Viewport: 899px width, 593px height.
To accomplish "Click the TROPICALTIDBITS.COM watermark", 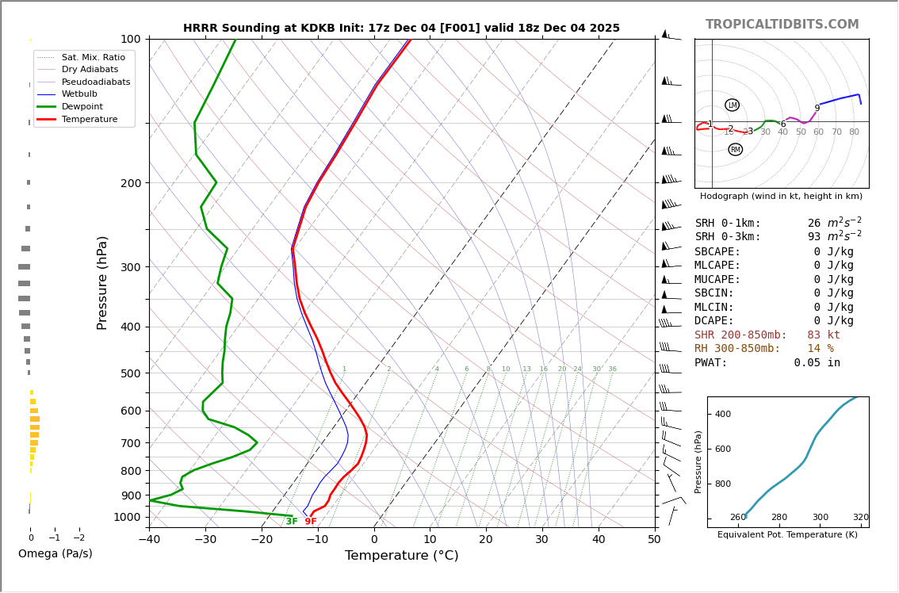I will tap(782, 25).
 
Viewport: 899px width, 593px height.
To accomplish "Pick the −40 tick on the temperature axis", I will tap(149, 540).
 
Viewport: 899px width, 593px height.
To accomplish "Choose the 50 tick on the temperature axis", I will tap(654, 540).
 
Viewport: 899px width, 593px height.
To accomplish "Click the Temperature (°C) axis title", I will tap(401, 556).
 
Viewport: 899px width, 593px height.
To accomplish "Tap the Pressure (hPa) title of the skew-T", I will tap(102, 282).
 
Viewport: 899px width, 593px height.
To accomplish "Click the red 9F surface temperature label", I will tap(311, 522).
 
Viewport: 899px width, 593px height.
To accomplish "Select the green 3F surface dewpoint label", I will tap(292, 522).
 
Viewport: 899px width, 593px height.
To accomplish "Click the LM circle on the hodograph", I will tap(732, 105).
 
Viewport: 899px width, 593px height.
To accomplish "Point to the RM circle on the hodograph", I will tap(735, 150).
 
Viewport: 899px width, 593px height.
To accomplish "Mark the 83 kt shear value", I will tap(823, 335).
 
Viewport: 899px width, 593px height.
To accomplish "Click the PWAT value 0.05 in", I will tap(817, 363).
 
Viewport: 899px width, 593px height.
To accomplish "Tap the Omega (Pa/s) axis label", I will tap(55, 554).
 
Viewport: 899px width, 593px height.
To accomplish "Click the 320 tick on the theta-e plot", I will tap(860, 518).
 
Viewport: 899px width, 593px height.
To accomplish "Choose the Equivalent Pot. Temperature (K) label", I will tap(787, 535).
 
